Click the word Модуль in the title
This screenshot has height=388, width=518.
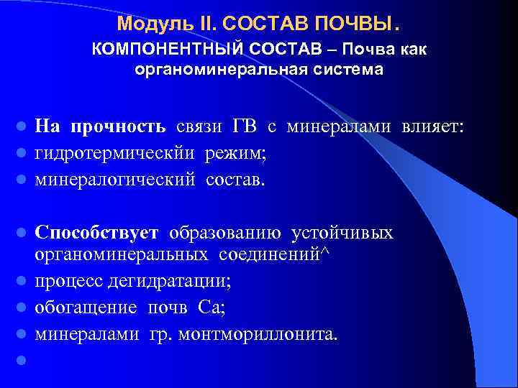pos(142,24)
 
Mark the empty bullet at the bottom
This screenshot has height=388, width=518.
pos(23,360)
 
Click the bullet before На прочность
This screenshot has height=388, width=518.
pos(23,128)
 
